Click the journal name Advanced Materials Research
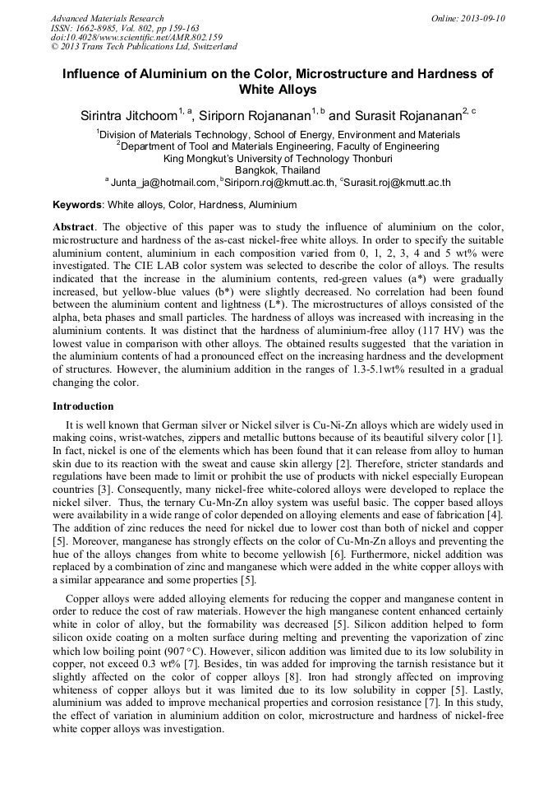(107, 18)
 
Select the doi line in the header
(136, 38)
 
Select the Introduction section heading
(83, 406)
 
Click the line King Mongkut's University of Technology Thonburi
(278, 158)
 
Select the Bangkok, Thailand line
(278, 170)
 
